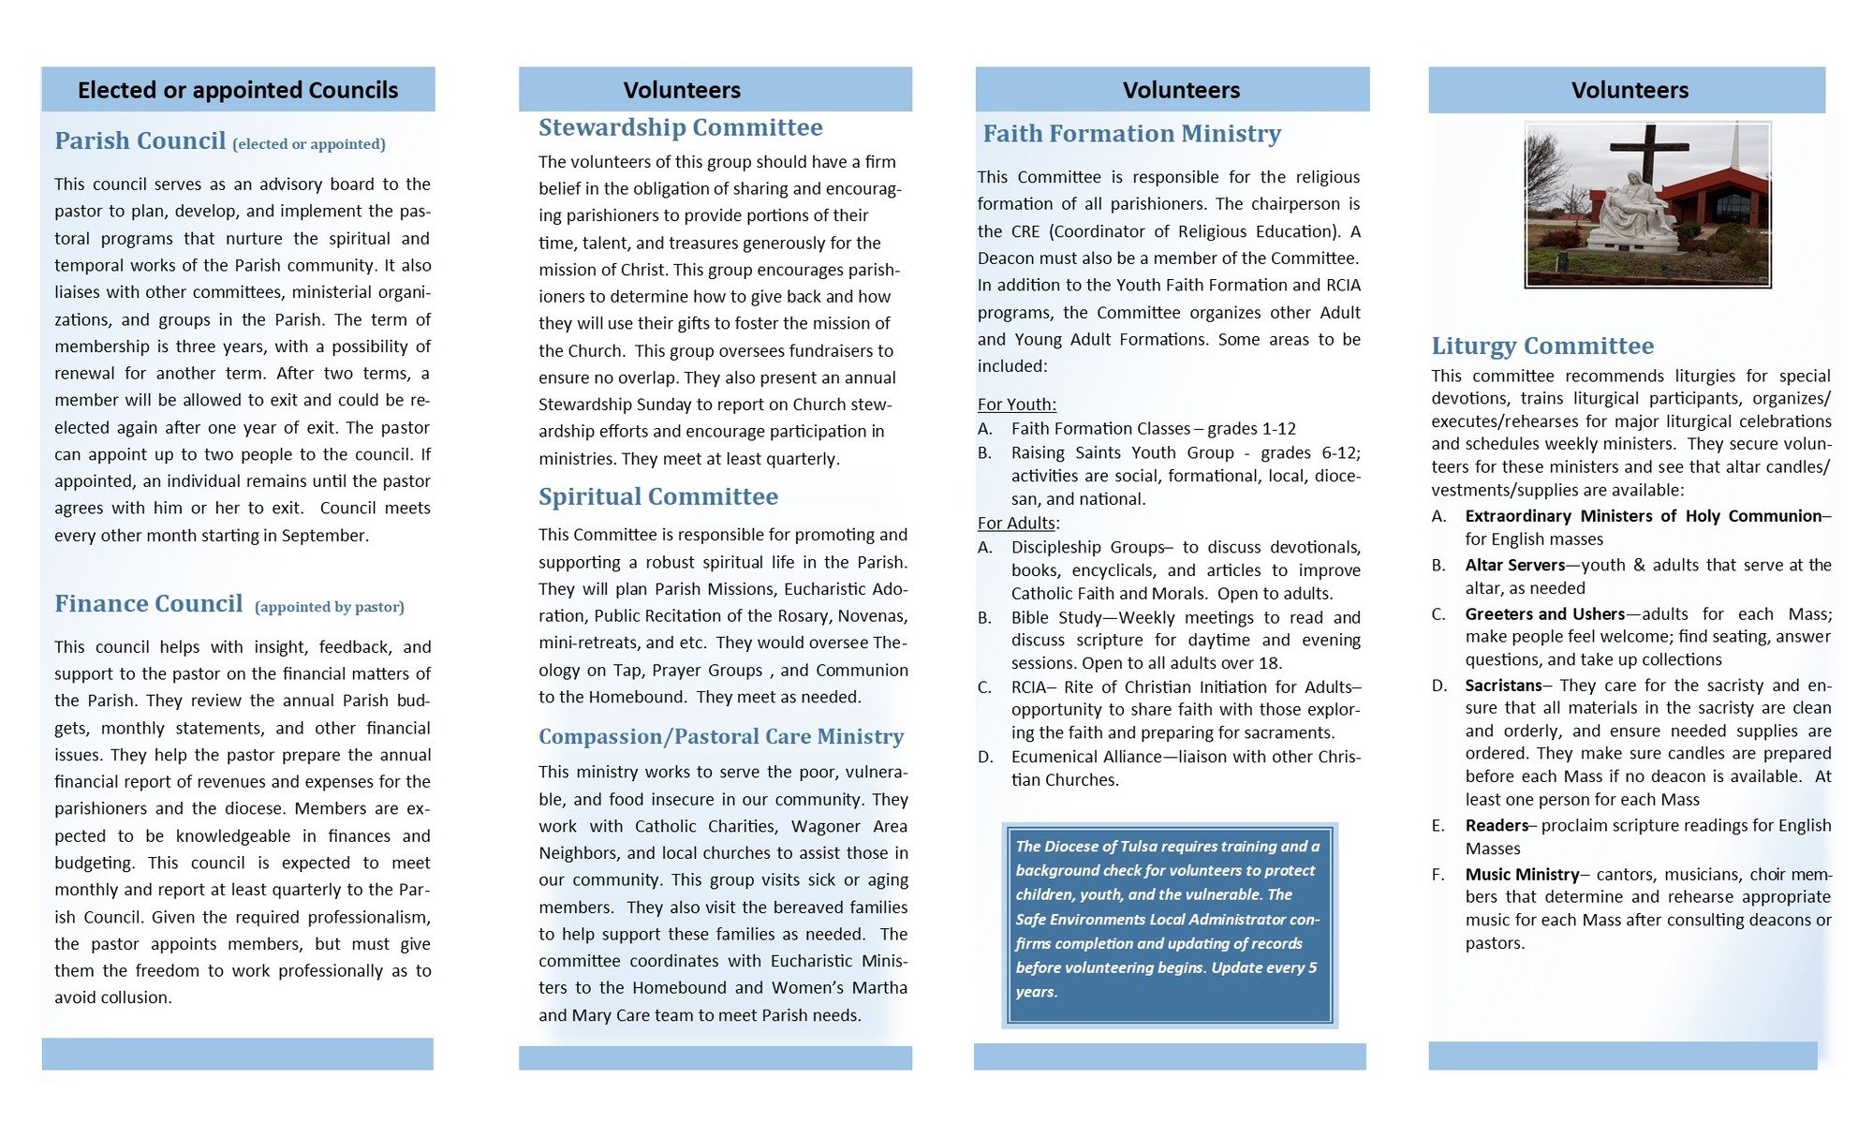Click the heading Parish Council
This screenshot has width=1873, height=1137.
[140, 140]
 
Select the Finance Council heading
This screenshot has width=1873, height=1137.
[148, 603]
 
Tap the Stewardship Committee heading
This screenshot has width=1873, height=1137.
[680, 127]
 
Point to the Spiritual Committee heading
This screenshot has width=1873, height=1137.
[657, 496]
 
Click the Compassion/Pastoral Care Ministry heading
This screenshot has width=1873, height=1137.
[721, 736]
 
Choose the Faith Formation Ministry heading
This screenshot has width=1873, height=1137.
[1131, 134]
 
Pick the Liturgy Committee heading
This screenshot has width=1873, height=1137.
[1541, 346]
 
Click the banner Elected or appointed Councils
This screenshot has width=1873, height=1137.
[238, 90]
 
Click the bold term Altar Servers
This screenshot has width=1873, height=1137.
[1514, 565]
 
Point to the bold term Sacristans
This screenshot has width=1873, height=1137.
[1503, 685]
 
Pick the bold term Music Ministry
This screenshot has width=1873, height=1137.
[1522, 874]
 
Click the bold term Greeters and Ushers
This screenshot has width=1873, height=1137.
[1544, 613]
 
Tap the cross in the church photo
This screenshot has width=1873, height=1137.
[1650, 159]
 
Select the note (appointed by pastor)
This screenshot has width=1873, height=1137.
[329, 607]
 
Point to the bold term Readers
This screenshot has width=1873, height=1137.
[1496, 825]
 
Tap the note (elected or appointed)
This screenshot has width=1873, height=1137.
[309, 144]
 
